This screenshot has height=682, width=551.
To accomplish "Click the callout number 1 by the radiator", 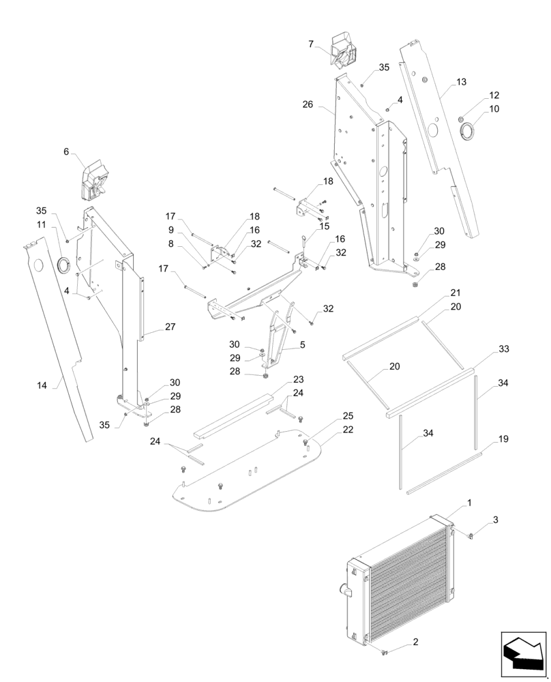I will pyautogui.click(x=468, y=503).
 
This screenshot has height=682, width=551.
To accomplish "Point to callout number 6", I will pyautogui.click(x=66, y=151).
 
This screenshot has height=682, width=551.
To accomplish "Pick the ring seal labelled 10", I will pyautogui.click(x=469, y=130).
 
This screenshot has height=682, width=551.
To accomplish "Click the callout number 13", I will pyautogui.click(x=462, y=82).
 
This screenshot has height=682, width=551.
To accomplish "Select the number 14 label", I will pyautogui.click(x=42, y=385).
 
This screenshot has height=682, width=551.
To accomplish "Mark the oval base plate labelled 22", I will pyautogui.click(x=252, y=471).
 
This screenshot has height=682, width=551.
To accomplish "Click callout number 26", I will pyautogui.click(x=308, y=104).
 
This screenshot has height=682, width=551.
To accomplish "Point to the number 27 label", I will pyautogui.click(x=170, y=327).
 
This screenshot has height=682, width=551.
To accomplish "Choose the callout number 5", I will pyautogui.click(x=302, y=345).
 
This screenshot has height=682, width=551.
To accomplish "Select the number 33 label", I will pyautogui.click(x=503, y=349).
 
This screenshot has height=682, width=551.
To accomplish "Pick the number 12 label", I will pyautogui.click(x=494, y=95).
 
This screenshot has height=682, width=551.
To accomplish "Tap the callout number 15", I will pyautogui.click(x=324, y=226).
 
